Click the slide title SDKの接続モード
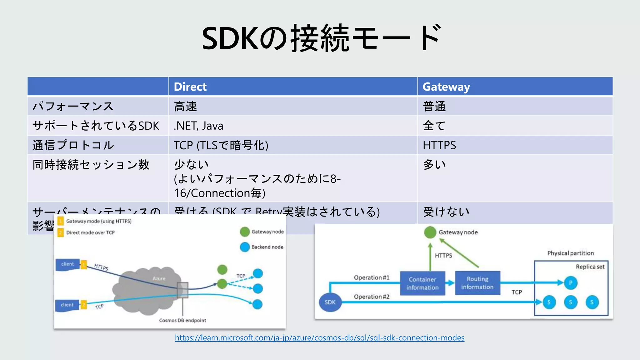321,38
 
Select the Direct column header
190,87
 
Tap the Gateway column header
446,87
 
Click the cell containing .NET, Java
199,126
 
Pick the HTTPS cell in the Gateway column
439,145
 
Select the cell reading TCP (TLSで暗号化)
221,145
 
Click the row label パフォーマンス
73,106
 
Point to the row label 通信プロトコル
73,145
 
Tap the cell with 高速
185,106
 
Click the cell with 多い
434,164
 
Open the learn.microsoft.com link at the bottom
319,337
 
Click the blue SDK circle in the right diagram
330,302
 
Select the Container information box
422,283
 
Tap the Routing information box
477,283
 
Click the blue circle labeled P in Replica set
571,283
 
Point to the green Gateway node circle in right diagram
430,232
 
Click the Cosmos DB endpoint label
182,320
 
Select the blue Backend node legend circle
245,247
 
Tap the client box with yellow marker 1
68,264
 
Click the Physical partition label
570,253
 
